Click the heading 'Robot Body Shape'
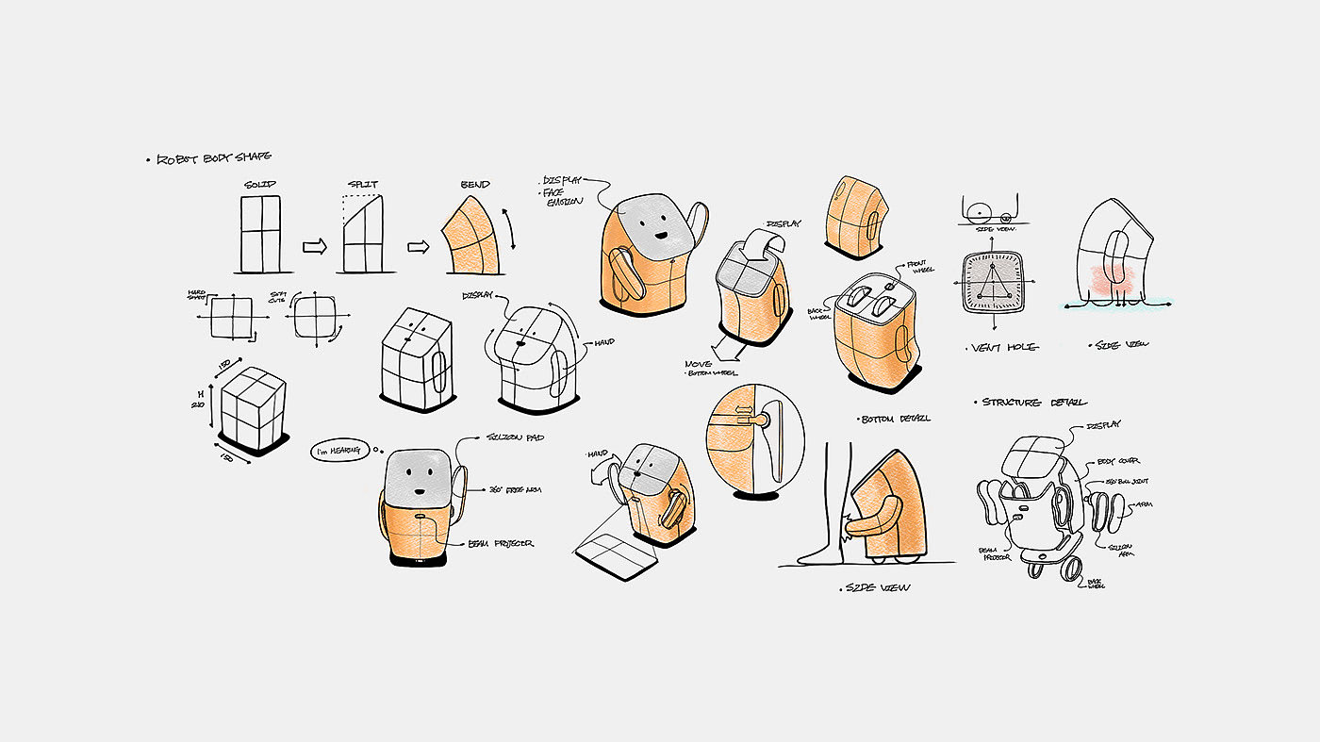tap(215, 158)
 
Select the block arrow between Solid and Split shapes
tap(313, 247)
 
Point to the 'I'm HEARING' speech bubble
tap(338, 453)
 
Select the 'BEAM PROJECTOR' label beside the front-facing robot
tap(502, 544)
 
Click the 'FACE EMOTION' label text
tap(563, 196)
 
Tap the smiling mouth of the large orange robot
tap(662, 237)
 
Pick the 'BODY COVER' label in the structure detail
tap(1119, 461)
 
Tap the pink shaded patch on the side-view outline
tap(1113, 278)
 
